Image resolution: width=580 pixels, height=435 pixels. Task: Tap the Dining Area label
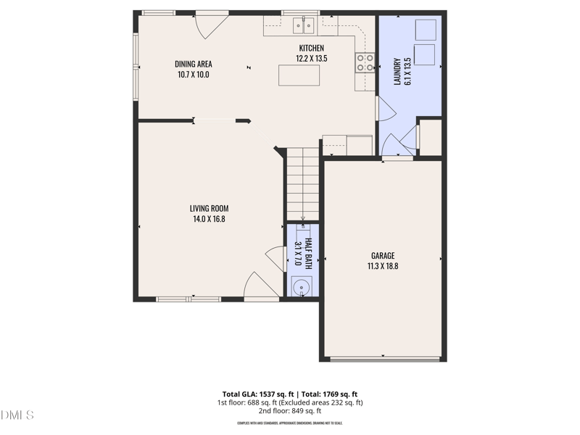tap(194, 64)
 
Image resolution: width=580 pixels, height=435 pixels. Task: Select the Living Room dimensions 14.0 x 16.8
tap(210, 219)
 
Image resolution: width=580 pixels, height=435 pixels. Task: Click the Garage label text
tap(383, 255)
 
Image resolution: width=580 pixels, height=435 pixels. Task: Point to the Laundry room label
tap(397, 71)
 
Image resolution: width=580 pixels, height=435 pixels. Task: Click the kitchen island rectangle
tap(299, 75)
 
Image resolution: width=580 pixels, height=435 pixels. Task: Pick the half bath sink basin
tap(300, 287)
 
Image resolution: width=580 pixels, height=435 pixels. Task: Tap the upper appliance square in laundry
tap(426, 30)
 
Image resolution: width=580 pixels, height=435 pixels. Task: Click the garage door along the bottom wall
tap(384, 358)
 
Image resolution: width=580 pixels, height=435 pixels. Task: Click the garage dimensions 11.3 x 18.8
tap(383, 266)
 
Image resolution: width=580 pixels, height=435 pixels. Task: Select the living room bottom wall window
tap(188, 298)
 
